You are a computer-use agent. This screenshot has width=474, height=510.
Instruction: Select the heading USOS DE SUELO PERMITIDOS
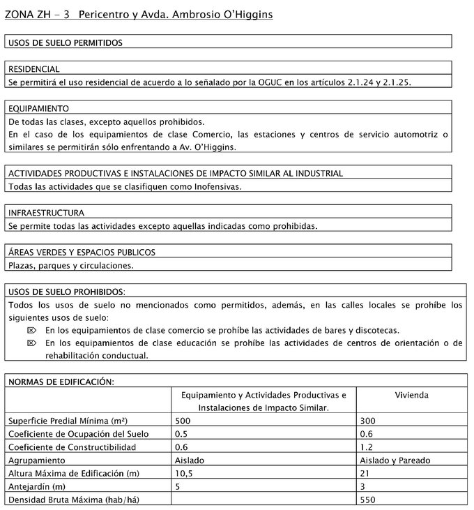(x=65, y=43)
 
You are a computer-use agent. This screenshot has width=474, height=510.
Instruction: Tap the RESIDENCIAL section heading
(x=33, y=69)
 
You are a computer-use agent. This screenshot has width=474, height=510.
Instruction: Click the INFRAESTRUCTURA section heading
(x=46, y=212)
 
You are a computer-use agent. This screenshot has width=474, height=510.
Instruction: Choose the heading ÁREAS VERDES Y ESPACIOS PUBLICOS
(x=81, y=252)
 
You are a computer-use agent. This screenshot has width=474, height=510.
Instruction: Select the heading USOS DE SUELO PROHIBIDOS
(x=66, y=291)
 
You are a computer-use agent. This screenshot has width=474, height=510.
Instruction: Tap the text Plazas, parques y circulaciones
(x=70, y=265)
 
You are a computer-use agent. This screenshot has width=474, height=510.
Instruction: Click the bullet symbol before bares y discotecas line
(x=30, y=329)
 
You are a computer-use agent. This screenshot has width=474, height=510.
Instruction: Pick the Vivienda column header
(x=411, y=395)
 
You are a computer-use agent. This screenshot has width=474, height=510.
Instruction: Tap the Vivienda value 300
(x=367, y=421)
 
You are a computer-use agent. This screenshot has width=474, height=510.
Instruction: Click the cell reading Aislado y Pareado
(x=394, y=460)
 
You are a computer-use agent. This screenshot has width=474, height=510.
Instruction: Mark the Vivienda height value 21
(x=365, y=474)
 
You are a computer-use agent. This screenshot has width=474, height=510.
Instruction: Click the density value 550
(x=367, y=500)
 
